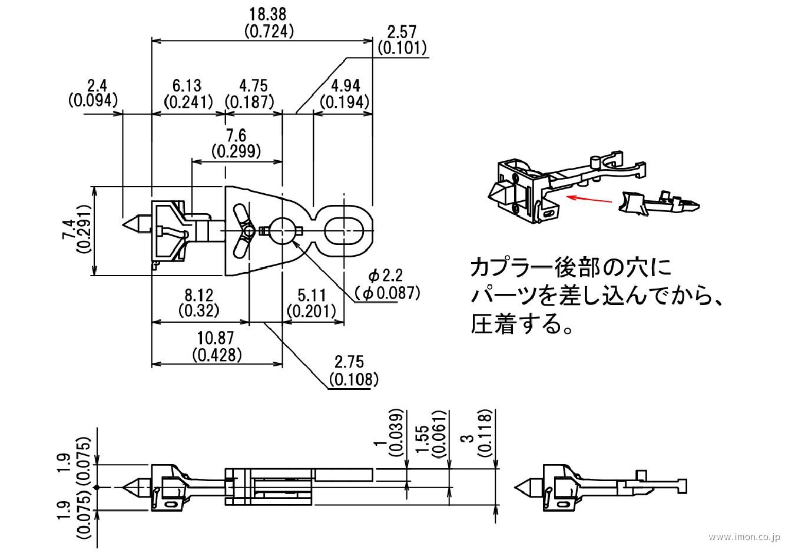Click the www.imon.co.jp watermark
743,538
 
